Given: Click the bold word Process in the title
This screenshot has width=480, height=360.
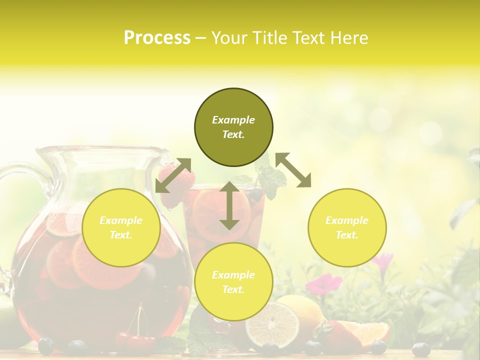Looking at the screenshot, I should tap(157, 38).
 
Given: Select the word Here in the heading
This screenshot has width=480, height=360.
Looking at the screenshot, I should tap(349, 38).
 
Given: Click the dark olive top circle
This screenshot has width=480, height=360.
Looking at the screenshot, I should tap(233, 127).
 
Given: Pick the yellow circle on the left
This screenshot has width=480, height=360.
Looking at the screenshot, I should tap(121, 227).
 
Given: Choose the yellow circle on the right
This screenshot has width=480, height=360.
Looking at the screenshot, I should tap(347, 227).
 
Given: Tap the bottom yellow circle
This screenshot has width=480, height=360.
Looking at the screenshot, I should tap(233, 282).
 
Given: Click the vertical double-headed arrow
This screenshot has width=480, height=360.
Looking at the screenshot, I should tap(229, 205).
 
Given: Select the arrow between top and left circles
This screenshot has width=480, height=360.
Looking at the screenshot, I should tap(173, 175).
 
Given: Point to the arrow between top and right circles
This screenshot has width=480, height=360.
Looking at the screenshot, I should tap(293, 170).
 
